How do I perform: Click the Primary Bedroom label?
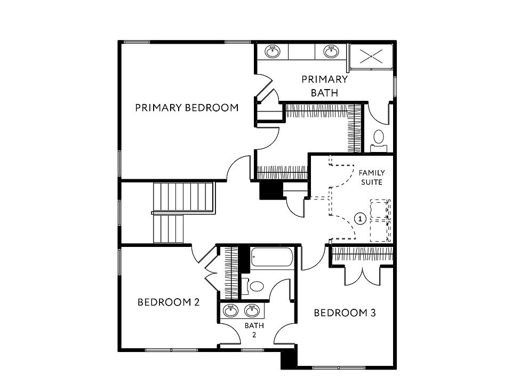(x=186, y=108)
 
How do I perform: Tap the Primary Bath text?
(x=324, y=86)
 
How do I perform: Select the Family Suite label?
(x=372, y=177)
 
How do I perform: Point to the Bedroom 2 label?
(x=169, y=302)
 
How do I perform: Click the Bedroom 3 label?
(x=345, y=313)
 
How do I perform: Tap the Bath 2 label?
(x=254, y=330)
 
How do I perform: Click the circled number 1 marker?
(x=361, y=218)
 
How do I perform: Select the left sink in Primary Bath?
(x=273, y=52)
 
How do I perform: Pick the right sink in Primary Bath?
(x=331, y=52)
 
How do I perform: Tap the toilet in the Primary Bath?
(x=379, y=137)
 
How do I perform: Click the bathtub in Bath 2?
(x=272, y=259)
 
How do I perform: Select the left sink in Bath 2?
(x=231, y=310)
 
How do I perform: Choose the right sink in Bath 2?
(x=251, y=310)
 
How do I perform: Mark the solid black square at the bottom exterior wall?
(x=288, y=357)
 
